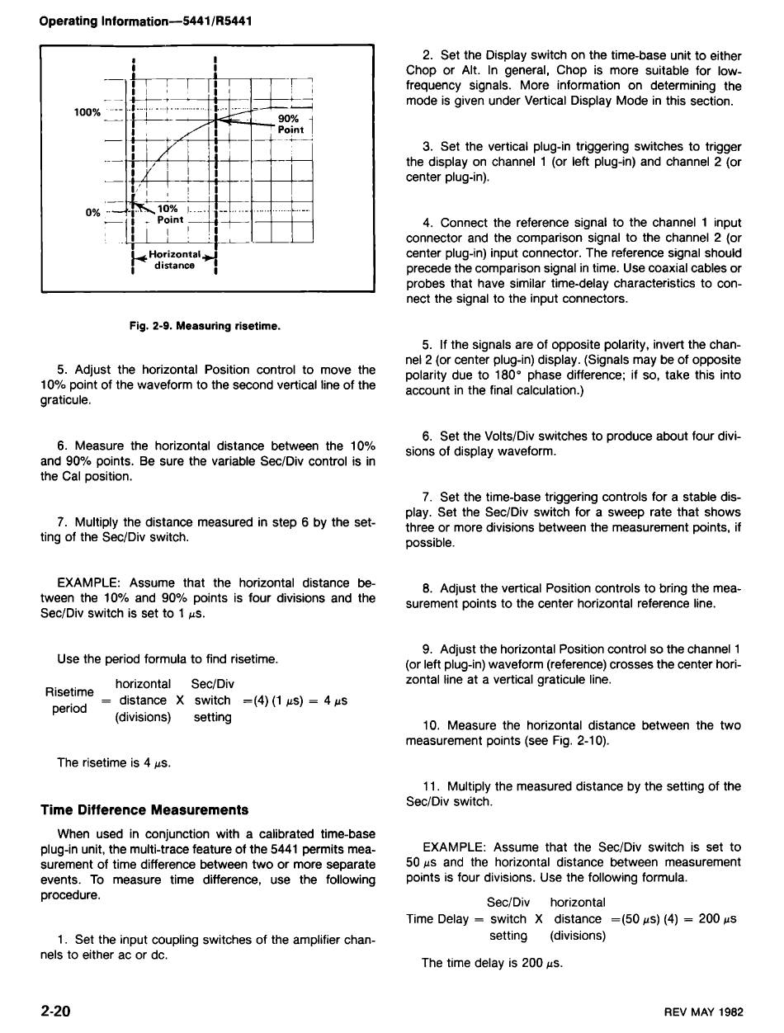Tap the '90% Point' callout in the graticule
pyautogui.click(x=290, y=125)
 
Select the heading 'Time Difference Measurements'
pyautogui.click(x=144, y=809)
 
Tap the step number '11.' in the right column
pyautogui.click(x=430, y=786)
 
